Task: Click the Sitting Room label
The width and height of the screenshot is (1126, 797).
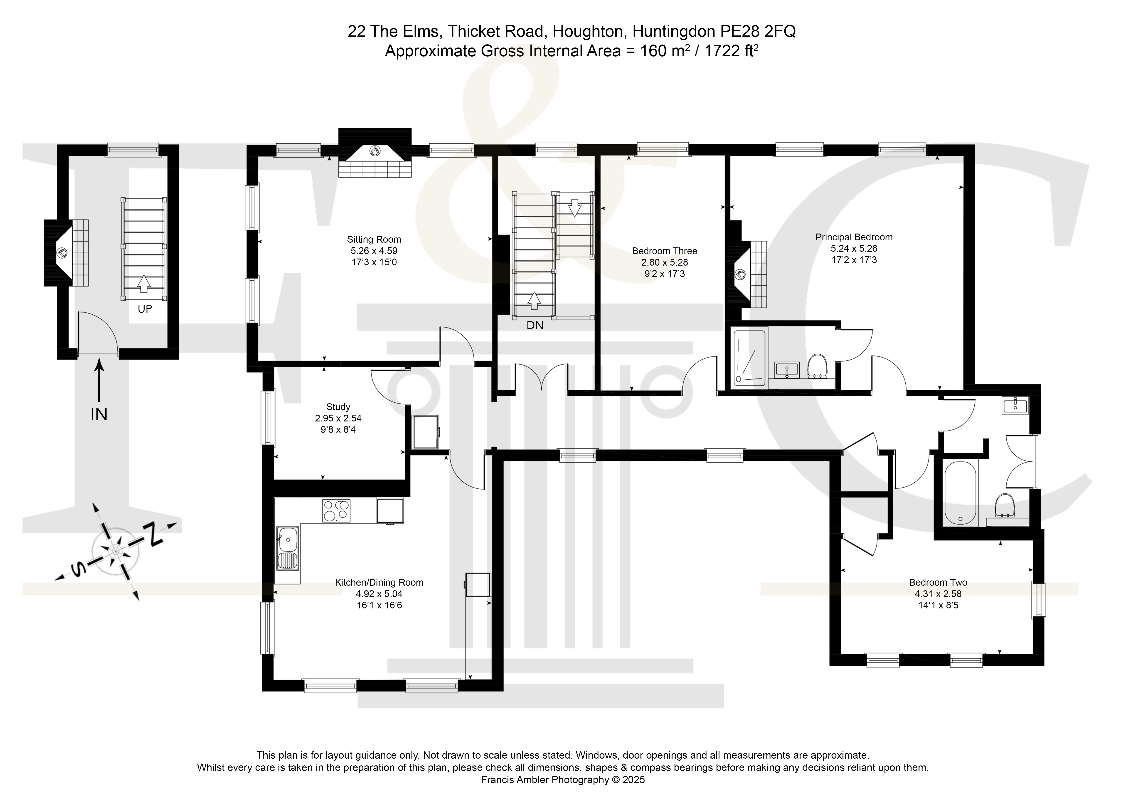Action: click(374, 239)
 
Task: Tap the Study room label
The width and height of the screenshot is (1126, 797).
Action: click(338, 407)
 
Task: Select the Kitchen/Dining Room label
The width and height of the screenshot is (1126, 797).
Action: click(379, 583)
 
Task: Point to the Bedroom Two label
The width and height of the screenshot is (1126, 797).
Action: click(938, 583)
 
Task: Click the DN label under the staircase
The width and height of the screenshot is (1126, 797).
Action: click(535, 325)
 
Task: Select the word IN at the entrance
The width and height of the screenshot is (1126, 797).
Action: click(99, 415)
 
